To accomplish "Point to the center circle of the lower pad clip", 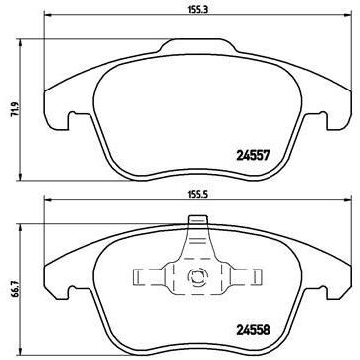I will [x=195, y=277].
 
